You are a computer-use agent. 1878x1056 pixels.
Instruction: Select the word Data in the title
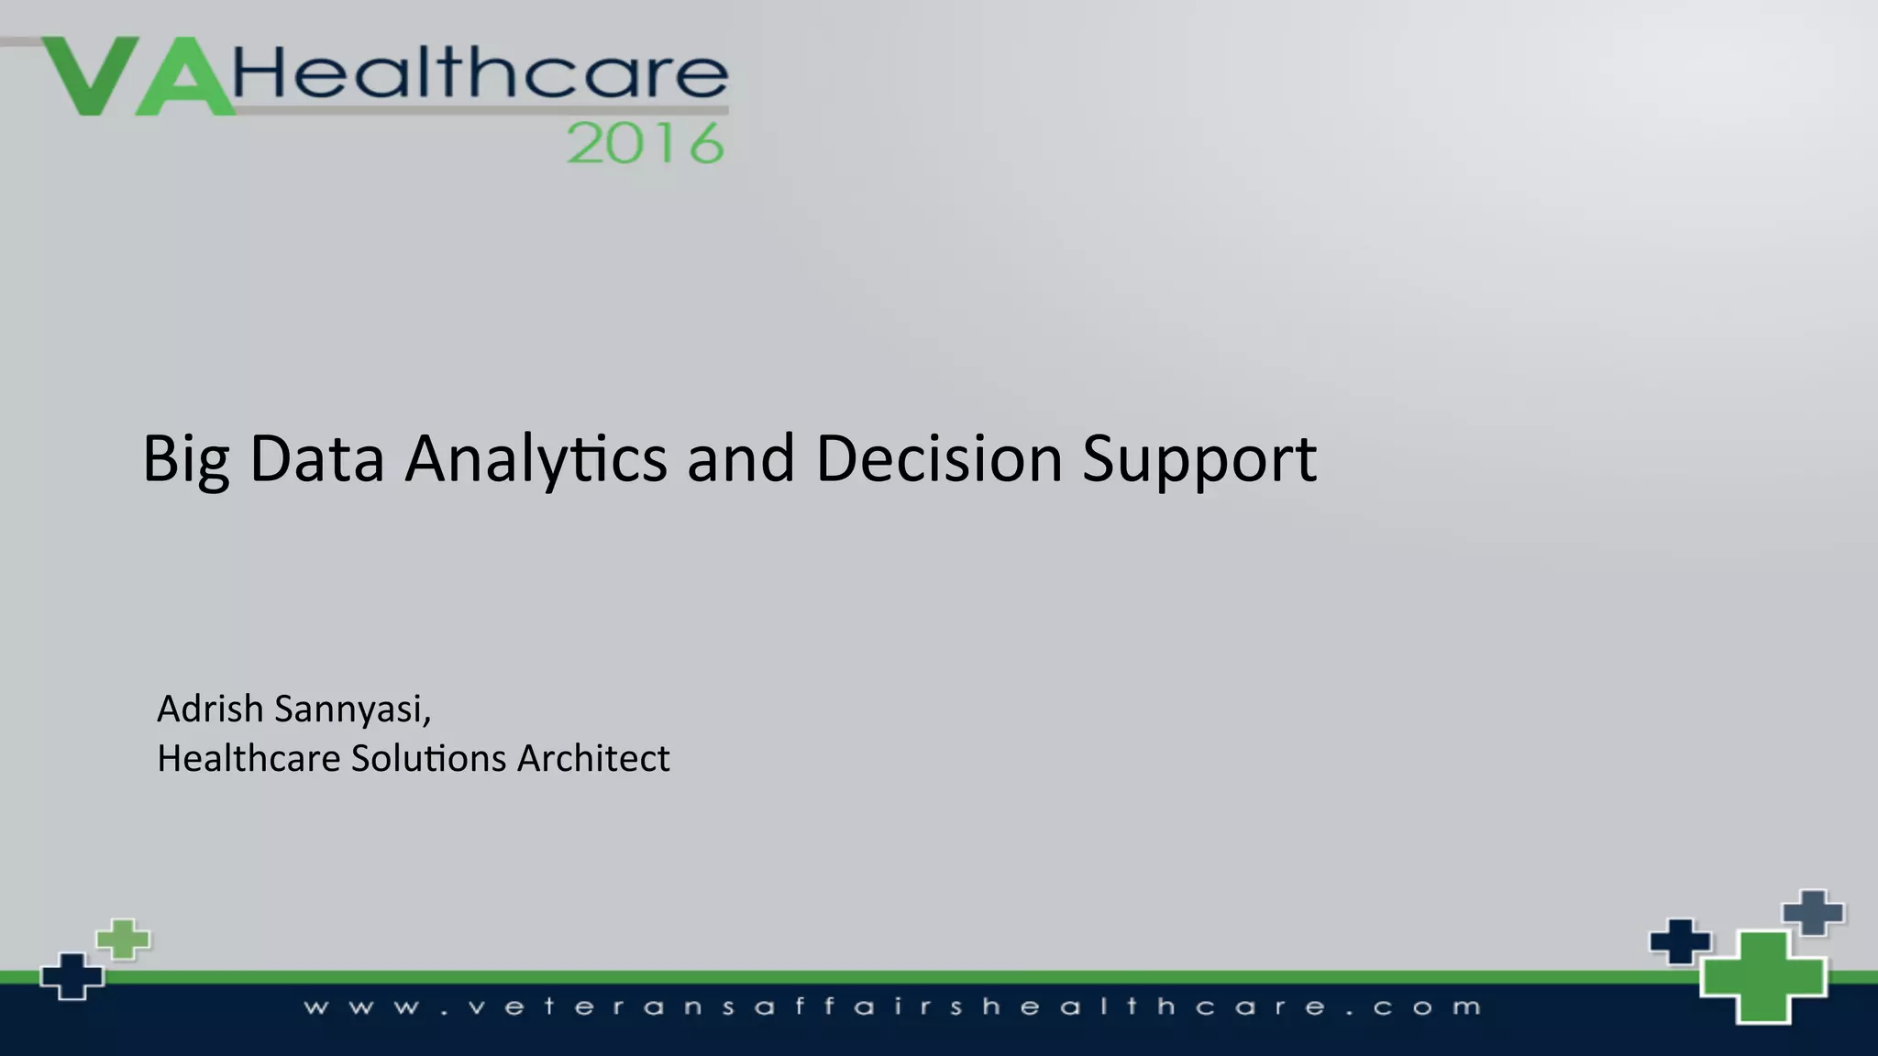click(316, 458)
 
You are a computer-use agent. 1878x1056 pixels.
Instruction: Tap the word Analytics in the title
click(536, 458)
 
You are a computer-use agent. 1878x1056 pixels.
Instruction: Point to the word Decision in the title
click(938, 458)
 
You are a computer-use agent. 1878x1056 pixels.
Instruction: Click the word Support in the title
click(1199, 458)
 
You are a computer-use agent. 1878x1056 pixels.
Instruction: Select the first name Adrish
click(210, 709)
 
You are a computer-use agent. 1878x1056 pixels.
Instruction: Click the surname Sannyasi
click(352, 709)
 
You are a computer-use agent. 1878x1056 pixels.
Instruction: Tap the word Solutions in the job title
click(428, 759)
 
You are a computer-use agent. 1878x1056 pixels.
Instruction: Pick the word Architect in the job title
click(593, 759)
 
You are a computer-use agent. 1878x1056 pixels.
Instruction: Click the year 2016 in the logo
click(646, 144)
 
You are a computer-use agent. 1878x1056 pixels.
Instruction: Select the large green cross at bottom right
click(1762, 976)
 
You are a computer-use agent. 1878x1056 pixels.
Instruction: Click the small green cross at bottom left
click(124, 940)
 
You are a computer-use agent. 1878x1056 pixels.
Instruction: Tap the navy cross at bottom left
click(72, 976)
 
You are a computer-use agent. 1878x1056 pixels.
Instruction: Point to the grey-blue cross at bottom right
click(1813, 913)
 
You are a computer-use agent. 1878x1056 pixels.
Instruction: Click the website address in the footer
click(892, 1007)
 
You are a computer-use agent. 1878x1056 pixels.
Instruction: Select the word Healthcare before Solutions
click(249, 759)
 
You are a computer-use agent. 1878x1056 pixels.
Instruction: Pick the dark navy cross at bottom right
click(1680, 941)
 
